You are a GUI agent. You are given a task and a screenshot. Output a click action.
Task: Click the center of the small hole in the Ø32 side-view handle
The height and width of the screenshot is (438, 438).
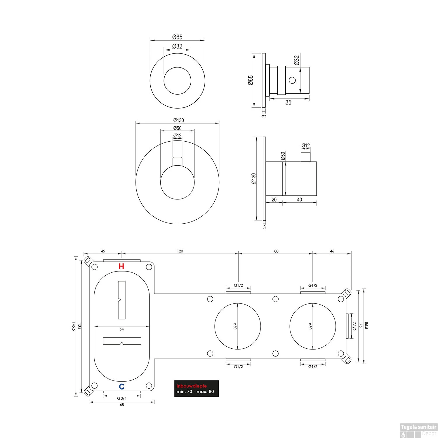pos(292,80)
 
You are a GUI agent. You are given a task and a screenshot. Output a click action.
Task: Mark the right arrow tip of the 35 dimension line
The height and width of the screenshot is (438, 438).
pos(309,99)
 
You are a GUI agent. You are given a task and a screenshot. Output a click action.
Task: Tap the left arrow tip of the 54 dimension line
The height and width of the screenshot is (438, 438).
pos(94,326)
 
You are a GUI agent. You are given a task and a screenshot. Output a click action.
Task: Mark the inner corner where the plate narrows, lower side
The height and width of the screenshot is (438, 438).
pos(154,359)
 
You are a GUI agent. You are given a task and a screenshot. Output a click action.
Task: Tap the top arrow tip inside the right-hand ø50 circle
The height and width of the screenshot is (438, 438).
pos(313,304)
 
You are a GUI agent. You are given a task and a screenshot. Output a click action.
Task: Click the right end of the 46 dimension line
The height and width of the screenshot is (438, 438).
pos(351,254)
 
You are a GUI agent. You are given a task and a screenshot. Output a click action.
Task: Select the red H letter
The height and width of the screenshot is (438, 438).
pos(121,266)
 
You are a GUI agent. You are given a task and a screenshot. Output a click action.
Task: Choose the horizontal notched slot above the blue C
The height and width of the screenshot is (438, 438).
pos(122,341)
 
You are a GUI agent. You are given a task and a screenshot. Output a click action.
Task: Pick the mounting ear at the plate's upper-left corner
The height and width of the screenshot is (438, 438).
pos(88,260)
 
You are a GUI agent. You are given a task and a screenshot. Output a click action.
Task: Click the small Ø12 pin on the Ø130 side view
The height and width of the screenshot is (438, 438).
pos(306,157)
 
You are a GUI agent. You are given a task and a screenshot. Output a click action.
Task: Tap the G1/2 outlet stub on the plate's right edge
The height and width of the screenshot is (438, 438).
pos(347,326)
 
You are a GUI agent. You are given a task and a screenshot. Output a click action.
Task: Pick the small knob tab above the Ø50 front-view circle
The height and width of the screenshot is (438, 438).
pos(178,161)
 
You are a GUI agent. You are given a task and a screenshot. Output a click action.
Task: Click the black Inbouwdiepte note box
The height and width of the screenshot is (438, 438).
pos(197,389)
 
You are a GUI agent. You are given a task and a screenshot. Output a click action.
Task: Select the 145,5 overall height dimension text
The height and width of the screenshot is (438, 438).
pos(74,326)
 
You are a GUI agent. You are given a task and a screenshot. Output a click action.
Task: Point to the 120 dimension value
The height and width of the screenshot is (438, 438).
pos(180,251)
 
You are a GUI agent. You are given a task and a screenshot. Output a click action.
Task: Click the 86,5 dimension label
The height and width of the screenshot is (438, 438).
pos(366,326)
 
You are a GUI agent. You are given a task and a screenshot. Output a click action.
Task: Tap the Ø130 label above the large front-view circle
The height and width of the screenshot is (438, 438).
pos(178,120)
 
